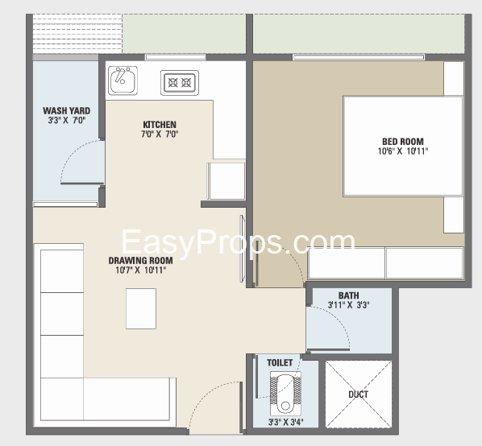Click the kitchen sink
click(123, 81)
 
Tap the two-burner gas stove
click(180, 83)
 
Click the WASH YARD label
click(67, 110)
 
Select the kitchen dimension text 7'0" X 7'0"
click(160, 134)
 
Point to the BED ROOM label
click(403, 142)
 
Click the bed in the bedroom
click(403, 146)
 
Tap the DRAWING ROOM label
click(140, 261)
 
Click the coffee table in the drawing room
click(141, 308)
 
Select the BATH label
click(348, 295)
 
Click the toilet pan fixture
click(285, 394)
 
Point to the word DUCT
click(359, 394)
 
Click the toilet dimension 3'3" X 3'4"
click(285, 423)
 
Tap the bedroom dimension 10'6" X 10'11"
click(403, 151)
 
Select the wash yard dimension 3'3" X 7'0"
click(67, 120)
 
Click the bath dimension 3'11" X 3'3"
click(348, 305)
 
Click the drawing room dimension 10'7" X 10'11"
click(141, 270)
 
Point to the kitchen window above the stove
click(176, 57)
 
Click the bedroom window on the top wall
click(359, 57)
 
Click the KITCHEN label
click(160, 125)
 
